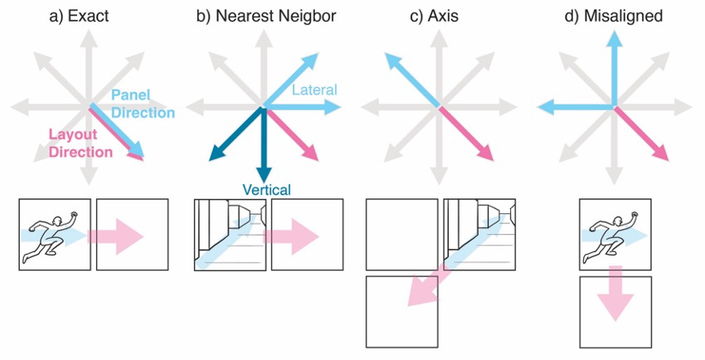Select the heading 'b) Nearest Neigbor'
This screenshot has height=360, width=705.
[265, 17]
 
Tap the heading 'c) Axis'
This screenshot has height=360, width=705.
[440, 17]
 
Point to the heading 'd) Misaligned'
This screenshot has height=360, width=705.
[614, 17]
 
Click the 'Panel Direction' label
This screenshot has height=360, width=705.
[142, 105]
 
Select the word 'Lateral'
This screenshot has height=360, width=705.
[314, 90]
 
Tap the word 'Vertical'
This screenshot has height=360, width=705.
[266, 190]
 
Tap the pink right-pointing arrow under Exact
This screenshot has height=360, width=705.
[117, 236]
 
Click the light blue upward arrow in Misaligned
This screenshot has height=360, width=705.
[614, 66]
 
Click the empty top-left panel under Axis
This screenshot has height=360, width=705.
[401, 234]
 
